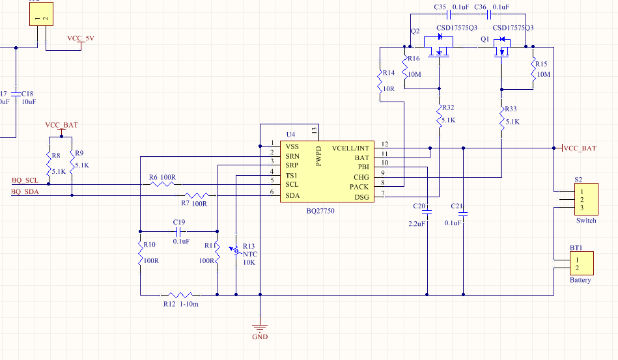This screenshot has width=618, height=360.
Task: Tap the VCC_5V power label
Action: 81,38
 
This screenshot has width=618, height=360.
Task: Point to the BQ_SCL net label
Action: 25,180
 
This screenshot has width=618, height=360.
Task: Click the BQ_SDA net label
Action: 25,191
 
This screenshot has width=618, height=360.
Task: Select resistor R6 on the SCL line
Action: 163,184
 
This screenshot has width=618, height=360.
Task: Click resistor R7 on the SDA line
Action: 196,195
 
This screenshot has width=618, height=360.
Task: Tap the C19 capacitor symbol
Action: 178,231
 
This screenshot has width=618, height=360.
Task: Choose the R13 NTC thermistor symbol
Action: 235,250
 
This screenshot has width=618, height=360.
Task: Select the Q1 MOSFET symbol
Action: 502,48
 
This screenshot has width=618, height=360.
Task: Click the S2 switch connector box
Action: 583,199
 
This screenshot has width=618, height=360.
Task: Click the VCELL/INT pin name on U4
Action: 350,148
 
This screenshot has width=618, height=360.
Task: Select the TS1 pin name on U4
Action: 292,176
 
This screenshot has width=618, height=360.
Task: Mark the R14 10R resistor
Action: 380,83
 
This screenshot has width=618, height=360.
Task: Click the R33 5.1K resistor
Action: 502,117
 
